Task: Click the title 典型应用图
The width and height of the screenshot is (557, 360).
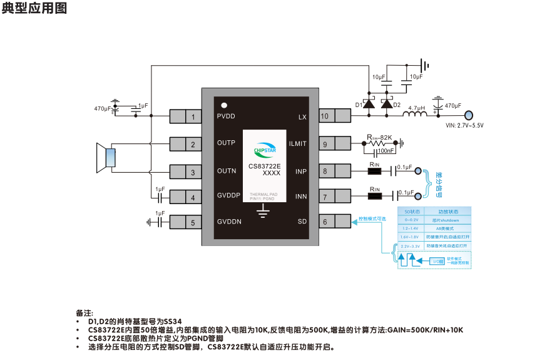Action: pos(34,9)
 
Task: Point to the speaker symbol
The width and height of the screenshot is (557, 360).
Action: pos(106,157)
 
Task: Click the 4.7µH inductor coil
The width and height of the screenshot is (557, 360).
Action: pos(417,115)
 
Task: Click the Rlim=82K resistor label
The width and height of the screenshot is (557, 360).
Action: pos(379,136)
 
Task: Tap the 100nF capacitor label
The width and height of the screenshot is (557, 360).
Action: pos(386,152)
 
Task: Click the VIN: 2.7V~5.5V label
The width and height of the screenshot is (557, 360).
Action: pos(464,126)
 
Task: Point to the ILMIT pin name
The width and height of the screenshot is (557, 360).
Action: pos(298,144)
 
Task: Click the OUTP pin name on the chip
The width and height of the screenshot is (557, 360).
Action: pos(226,143)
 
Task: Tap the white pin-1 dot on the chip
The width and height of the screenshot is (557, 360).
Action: pos(223,105)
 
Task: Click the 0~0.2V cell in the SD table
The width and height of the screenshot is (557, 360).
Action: pos(411,220)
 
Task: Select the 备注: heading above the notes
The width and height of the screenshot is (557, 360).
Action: pos(84,312)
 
